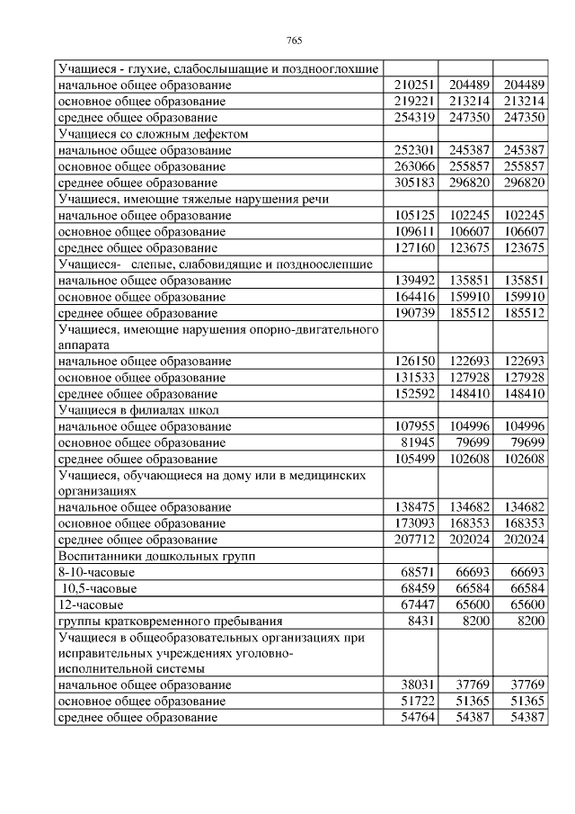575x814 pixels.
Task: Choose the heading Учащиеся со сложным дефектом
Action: click(x=152, y=133)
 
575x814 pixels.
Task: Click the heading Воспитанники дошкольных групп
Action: click(x=156, y=556)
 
